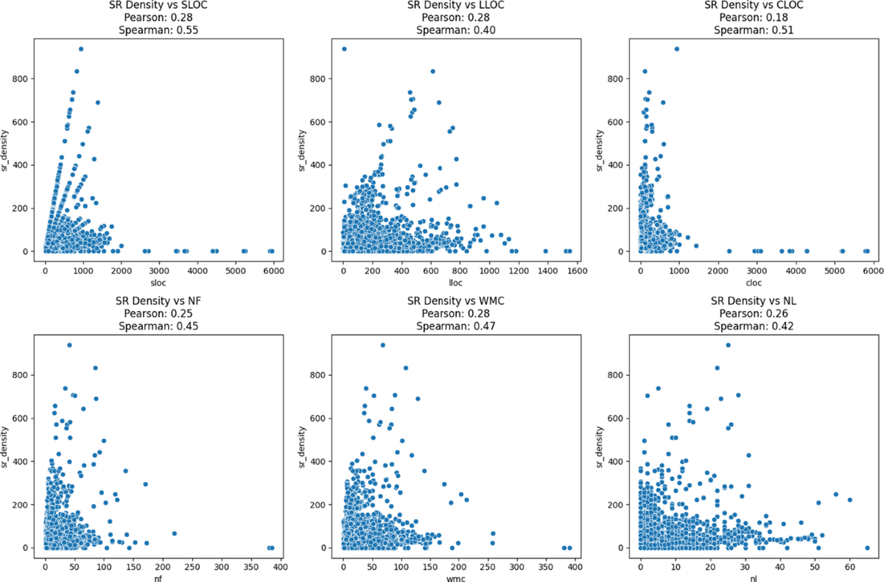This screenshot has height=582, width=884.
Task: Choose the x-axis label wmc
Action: point(454,578)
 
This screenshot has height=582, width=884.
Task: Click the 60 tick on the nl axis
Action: point(849,566)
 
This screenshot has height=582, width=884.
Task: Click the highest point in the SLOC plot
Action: point(81,49)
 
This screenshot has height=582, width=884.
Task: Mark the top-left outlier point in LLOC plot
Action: point(344,49)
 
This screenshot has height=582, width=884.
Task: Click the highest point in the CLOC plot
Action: point(676,49)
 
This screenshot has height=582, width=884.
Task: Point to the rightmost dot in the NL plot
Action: point(867,547)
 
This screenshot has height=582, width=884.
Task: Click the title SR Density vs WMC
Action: point(454,303)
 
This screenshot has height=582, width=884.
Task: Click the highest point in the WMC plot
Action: point(382,345)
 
